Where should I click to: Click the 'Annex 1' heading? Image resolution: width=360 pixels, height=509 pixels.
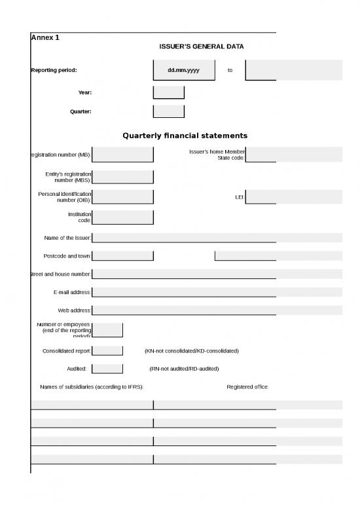45,38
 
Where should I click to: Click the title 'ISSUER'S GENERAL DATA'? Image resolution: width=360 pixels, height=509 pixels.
202,47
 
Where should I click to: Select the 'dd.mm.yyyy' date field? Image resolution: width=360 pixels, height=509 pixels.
183,70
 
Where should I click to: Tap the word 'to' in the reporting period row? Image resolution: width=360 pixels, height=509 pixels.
230,70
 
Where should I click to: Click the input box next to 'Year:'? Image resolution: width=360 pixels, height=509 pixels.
168,92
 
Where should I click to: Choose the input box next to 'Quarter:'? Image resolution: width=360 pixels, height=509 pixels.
168,111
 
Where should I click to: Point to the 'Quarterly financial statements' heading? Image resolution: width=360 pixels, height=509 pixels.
185,136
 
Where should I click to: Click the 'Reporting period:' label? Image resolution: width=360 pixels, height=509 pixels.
54,70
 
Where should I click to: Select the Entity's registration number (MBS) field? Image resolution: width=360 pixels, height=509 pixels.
122,177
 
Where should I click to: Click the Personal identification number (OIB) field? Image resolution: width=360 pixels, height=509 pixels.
122,197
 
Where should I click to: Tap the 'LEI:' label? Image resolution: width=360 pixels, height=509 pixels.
240,197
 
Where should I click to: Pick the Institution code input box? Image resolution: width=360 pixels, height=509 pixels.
122,217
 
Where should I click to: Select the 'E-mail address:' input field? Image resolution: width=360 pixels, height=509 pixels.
216,292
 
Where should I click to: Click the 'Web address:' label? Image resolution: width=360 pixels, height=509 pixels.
75,310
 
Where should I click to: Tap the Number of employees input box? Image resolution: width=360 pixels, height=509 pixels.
107,330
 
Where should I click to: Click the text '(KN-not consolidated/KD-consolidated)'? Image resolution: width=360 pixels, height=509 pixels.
191,351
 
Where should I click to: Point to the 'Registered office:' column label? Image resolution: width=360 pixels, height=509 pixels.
247,387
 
